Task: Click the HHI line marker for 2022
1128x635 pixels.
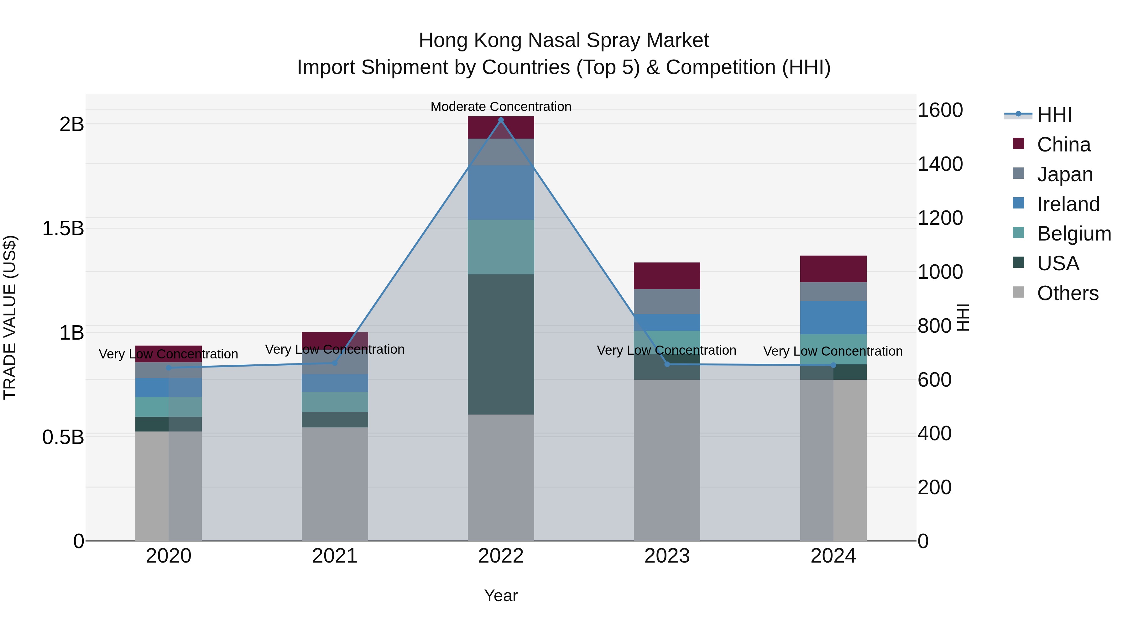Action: point(501,120)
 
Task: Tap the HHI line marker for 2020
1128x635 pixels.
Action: point(169,368)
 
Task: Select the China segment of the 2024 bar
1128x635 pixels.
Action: point(833,269)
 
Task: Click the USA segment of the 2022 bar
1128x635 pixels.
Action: point(501,344)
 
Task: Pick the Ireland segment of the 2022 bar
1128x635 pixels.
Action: point(501,193)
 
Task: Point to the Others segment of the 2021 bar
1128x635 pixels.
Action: point(335,484)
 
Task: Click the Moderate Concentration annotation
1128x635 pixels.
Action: point(501,107)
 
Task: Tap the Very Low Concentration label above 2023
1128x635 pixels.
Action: point(666,350)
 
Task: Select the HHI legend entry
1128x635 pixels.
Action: point(1054,115)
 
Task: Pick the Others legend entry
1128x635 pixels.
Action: point(1067,293)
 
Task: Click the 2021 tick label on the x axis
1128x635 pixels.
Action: point(335,556)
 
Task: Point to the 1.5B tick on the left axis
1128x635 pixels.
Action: point(63,228)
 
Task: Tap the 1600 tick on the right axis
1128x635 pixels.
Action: point(940,110)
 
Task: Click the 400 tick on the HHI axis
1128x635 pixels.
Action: point(934,433)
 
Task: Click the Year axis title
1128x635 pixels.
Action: point(501,595)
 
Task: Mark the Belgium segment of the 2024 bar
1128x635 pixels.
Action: point(833,349)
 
